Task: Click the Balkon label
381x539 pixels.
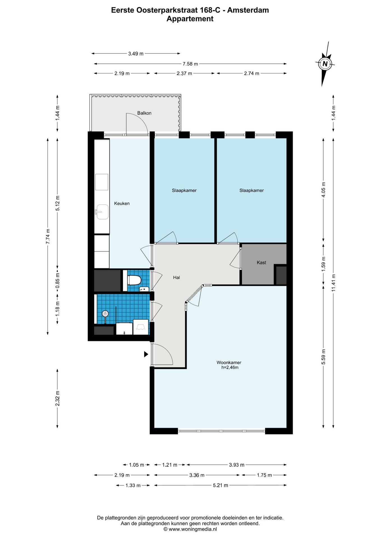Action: pos(144,113)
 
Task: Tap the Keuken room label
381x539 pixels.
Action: pos(122,204)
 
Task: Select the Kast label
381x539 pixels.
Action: pos(261,263)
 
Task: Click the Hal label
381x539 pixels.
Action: pos(176,278)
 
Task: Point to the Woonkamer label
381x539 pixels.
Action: pos(229,362)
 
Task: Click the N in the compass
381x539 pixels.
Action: pos(325,64)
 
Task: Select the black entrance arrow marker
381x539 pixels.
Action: pos(146,354)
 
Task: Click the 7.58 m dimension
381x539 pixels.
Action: pos(190,64)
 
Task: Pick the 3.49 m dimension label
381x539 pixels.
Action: pos(136,54)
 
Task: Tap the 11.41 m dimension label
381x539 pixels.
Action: pos(334,283)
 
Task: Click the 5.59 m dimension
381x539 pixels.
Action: pos(323,357)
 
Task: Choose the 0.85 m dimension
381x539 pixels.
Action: pos(58,281)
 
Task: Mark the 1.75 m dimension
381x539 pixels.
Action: pos(264,475)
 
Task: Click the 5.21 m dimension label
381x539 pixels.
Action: pos(221,485)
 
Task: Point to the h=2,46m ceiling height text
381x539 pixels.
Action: pos(230,367)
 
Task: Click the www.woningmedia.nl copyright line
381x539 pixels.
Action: pos(190,529)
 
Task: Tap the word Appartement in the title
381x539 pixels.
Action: pos(190,19)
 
